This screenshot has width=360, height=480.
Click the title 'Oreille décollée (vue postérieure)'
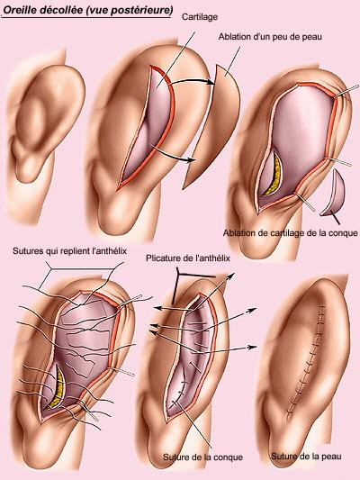(x=88, y=10)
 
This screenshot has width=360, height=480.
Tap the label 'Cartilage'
(x=200, y=17)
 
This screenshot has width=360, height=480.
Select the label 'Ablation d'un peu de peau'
(x=270, y=37)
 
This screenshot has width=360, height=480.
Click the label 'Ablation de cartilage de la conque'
(x=291, y=233)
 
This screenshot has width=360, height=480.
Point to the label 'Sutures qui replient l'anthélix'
(x=69, y=251)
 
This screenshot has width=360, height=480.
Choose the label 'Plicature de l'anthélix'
(x=188, y=258)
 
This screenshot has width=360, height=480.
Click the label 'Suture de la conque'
(x=202, y=457)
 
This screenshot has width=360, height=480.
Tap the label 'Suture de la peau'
(x=306, y=457)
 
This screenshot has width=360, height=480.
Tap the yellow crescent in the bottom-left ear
(x=57, y=389)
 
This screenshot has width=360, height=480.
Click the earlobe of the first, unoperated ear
(x=26, y=170)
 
